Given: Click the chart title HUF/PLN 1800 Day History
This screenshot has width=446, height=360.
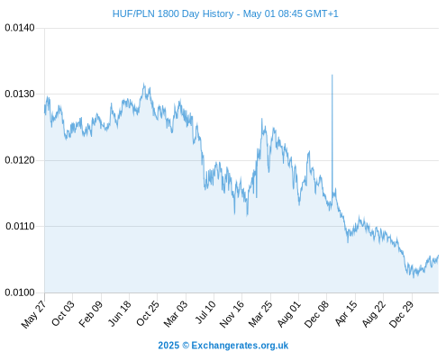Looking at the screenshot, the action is tap(173, 13).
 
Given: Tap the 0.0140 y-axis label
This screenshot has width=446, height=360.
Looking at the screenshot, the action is tap(20, 28).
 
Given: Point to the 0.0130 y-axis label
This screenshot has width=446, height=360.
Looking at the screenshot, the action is tap(20, 94).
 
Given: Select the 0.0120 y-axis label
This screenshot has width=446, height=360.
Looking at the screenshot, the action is tap(20, 160).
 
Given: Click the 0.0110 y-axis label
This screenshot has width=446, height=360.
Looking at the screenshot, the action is tap(20, 226).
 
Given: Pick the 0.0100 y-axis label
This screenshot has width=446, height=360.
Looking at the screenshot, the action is tap(20, 292).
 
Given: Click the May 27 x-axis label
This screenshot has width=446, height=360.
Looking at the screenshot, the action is tap(33, 314).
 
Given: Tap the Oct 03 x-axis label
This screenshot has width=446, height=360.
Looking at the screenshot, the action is tap(62, 313).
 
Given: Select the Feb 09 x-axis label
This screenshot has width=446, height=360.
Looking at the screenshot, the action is tap(91, 314).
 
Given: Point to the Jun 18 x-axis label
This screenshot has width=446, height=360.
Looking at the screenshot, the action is tap(120, 313).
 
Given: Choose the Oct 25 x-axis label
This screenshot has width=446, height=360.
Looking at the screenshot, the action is tap(147, 313).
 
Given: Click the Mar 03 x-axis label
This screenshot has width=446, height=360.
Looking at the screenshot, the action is tap(176, 314).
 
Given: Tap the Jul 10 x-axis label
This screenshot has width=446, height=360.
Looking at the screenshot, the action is tap(205, 312).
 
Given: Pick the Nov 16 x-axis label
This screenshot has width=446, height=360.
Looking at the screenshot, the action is tap(232, 314).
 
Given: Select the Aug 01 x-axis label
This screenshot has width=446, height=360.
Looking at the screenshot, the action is tap(288, 314).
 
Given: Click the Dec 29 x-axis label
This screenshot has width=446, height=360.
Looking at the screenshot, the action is tap(401, 314).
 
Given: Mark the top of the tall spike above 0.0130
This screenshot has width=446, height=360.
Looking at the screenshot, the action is tap(332, 75).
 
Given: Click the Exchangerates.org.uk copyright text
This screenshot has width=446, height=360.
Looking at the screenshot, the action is tap(223, 346).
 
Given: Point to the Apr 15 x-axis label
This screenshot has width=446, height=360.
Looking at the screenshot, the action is tap(346, 313).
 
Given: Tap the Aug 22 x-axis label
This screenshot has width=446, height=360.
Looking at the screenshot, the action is tap(373, 314).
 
